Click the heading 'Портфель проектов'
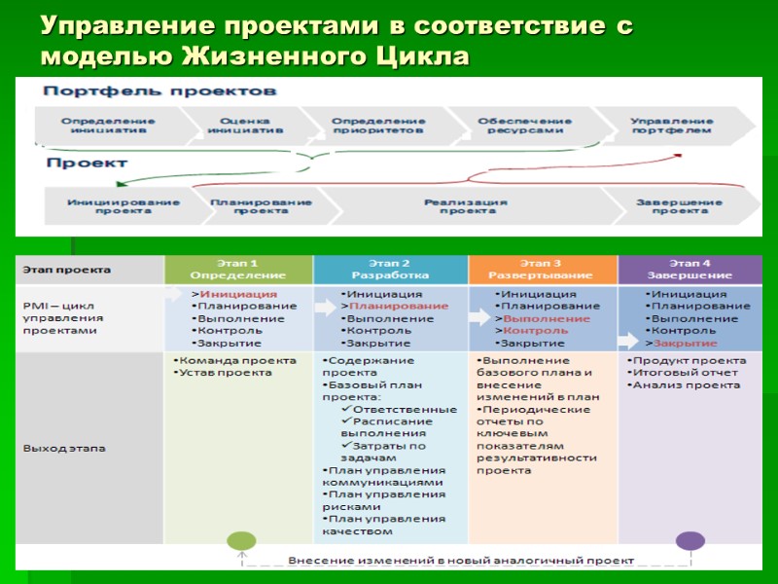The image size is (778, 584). point(159,91)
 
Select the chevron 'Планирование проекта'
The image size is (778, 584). point(261,206)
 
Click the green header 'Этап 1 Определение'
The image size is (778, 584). point(238,270)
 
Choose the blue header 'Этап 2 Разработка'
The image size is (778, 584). point(390,270)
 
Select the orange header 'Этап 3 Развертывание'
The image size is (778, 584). point(542,270)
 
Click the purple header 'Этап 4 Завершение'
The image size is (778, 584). point(691,270)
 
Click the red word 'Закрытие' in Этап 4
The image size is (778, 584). point(685,344)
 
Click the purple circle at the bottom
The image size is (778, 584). point(690,541)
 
